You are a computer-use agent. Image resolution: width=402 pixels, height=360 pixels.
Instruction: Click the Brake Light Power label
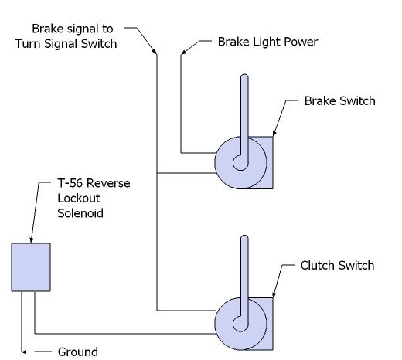pyautogui.click(x=267, y=42)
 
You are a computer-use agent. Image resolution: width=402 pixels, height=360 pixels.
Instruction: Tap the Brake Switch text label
pyautogui.click(x=339, y=100)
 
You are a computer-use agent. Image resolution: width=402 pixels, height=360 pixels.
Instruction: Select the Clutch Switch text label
pyautogui.click(x=337, y=266)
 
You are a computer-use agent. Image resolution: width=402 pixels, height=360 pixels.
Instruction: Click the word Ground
pyautogui.click(x=78, y=352)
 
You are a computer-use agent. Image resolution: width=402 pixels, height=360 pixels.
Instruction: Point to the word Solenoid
pyautogui.click(x=80, y=213)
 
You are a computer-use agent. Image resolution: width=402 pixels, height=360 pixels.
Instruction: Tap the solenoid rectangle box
pyautogui.click(x=31, y=267)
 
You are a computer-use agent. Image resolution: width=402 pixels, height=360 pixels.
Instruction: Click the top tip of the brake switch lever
pyautogui.click(x=244, y=74)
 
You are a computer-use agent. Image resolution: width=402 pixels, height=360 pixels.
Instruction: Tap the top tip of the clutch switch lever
pyautogui.click(x=244, y=236)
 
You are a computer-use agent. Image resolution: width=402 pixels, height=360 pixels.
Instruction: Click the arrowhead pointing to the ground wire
pyautogui.click(x=24, y=352)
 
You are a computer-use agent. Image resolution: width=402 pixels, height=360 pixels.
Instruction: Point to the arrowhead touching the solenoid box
pyautogui.click(x=32, y=240)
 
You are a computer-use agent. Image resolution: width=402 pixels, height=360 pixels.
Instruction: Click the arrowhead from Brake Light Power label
pyautogui.click(x=183, y=53)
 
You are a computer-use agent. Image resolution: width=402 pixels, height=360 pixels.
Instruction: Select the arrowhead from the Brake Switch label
pyautogui.click(x=274, y=133)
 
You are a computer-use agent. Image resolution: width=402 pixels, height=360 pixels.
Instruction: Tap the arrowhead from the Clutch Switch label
pyautogui.click(x=274, y=294)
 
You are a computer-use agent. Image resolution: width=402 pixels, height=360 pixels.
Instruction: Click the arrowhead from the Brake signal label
pyautogui.click(x=155, y=52)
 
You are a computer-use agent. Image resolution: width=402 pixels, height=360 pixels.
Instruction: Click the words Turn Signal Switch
pyautogui.click(x=66, y=43)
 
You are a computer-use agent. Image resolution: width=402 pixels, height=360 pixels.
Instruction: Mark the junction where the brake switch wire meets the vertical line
pyautogui.click(x=157, y=173)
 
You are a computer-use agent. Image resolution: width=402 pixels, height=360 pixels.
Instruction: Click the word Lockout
pyautogui.click(x=79, y=199)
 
